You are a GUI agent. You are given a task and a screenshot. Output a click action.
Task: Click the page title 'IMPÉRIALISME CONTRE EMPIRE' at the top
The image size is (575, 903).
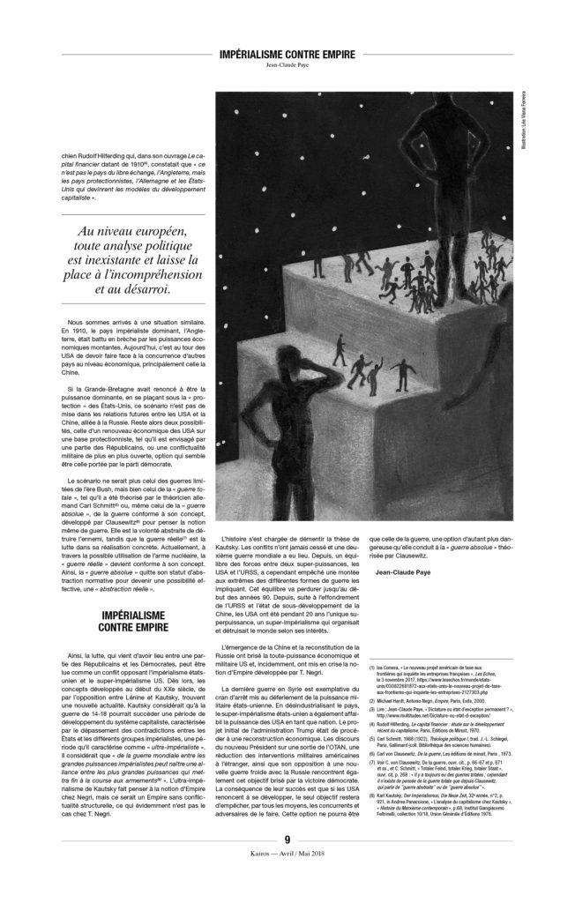point(287,55)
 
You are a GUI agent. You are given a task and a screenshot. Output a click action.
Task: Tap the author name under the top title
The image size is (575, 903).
point(287,65)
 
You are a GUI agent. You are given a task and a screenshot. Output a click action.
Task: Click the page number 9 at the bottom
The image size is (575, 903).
point(287,863)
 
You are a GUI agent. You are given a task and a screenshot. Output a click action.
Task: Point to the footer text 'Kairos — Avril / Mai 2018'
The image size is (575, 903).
point(287,878)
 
